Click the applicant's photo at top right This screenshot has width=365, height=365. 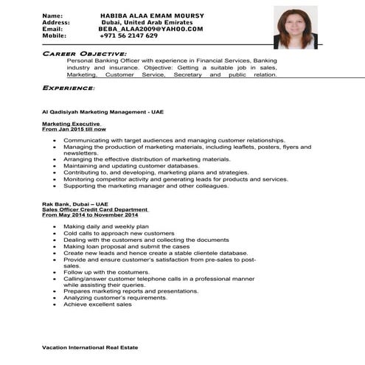coord(295,27)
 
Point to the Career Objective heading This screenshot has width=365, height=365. coord(85,54)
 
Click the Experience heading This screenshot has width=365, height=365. coord(69,88)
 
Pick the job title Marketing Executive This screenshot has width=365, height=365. coord(71,124)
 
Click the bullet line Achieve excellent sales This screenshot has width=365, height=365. coord(97,304)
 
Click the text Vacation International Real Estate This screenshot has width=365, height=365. coord(89,347)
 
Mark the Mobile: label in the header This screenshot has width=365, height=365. coord(54,35)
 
